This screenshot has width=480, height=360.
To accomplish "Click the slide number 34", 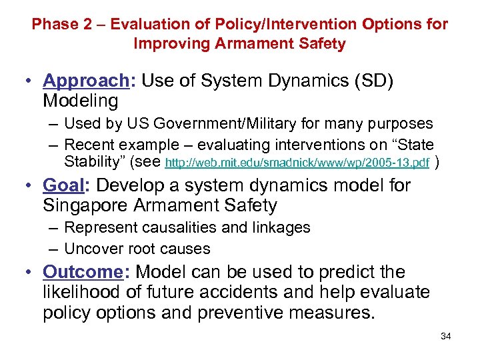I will click(x=445, y=336).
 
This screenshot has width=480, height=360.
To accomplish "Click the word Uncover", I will click(x=94, y=249).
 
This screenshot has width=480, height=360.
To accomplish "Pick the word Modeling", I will click(x=81, y=101).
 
